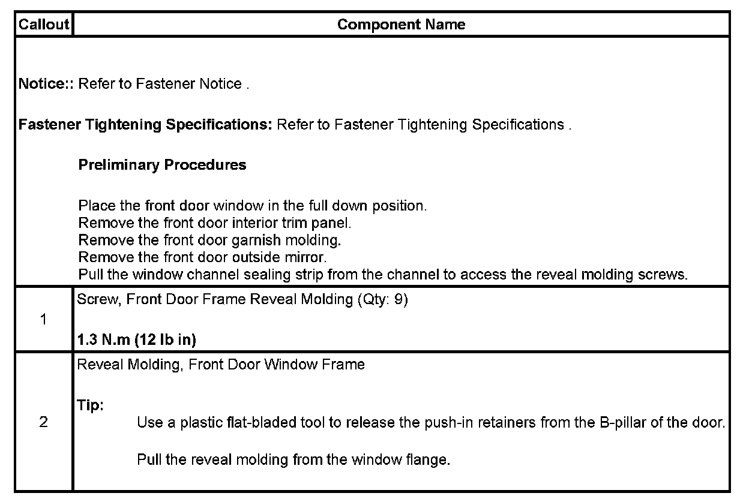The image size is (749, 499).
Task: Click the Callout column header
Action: pyautogui.click(x=44, y=25)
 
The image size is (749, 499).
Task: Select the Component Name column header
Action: pyautogui.click(x=401, y=25)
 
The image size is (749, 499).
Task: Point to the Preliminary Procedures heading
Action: pyautogui.click(x=162, y=165)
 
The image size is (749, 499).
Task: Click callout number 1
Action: pyautogui.click(x=43, y=319)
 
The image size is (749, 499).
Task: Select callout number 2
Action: pyautogui.click(x=43, y=422)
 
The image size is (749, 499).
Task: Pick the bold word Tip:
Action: pyautogui.click(x=91, y=405)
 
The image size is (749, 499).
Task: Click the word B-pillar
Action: pyautogui.click(x=624, y=422)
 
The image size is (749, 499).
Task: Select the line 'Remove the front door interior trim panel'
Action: pyautogui.click(x=215, y=223)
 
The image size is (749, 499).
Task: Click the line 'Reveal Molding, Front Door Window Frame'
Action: pyautogui.click(x=221, y=364)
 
